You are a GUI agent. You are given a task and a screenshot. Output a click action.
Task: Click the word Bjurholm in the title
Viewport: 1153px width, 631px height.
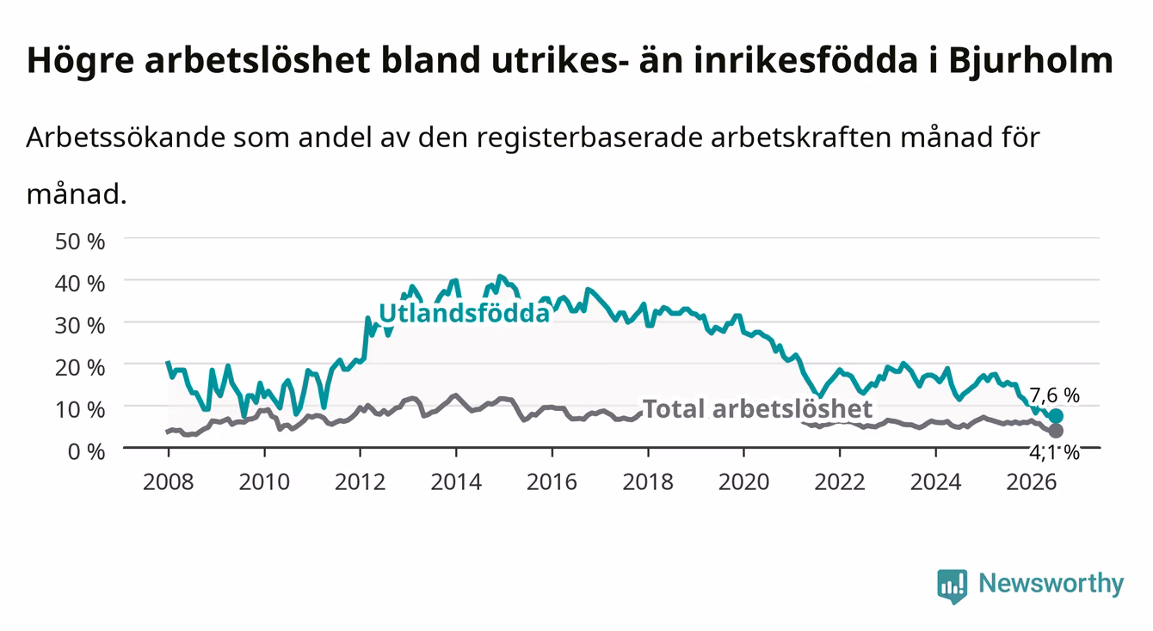tap(1031, 60)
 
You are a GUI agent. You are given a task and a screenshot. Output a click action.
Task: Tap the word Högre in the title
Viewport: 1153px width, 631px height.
tap(81, 62)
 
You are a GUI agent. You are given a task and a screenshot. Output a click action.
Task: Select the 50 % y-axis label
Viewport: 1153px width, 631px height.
tap(80, 242)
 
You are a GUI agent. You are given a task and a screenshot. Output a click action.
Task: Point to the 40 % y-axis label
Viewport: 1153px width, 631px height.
tap(80, 284)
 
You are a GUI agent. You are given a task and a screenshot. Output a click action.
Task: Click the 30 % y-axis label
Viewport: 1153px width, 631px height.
tap(80, 326)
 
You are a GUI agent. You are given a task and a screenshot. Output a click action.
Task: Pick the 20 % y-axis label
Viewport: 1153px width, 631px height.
tap(80, 368)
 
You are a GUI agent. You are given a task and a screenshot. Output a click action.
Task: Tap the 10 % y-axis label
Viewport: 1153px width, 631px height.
tap(80, 410)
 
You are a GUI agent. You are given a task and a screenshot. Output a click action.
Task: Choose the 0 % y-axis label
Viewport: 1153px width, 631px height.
tap(86, 452)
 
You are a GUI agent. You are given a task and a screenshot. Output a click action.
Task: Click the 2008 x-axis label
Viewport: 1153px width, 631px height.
tap(169, 482)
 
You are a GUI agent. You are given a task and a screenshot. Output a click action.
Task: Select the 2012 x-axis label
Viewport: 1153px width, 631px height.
tap(361, 482)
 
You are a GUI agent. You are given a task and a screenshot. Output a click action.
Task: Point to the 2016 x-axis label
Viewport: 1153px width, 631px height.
tap(552, 482)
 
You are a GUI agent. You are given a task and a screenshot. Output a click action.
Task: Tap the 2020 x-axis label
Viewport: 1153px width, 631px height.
tap(743, 482)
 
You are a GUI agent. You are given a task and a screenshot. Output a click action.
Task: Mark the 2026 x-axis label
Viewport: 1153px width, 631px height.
tap(1032, 482)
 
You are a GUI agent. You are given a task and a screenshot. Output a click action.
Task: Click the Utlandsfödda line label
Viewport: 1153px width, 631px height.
tap(465, 313)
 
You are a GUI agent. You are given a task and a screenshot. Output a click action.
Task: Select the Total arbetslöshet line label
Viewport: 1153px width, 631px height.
tap(758, 409)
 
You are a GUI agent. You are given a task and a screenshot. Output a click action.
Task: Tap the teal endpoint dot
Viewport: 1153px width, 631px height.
tap(1056, 415)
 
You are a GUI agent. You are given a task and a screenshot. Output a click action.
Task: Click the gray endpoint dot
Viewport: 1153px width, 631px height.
tap(1056, 431)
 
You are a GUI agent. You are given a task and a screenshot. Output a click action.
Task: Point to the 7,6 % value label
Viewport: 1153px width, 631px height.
tap(1054, 395)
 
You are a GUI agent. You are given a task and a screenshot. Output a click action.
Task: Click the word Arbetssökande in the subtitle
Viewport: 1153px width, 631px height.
tap(126, 138)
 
